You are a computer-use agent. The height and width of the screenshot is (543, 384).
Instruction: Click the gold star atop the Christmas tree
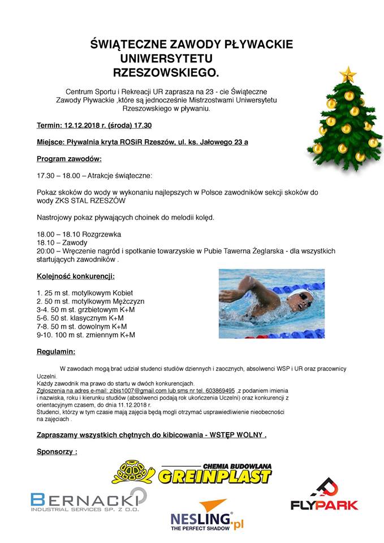(x=348, y=74)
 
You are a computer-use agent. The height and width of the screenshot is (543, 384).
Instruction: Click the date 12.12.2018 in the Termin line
(x=83, y=126)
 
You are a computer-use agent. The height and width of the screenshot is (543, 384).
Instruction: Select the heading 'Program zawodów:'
(x=69, y=159)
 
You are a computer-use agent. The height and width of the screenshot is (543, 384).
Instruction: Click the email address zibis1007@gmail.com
(x=136, y=391)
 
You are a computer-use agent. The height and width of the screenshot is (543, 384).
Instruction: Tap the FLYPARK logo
(x=325, y=494)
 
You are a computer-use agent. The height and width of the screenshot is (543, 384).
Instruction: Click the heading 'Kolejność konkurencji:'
(x=76, y=277)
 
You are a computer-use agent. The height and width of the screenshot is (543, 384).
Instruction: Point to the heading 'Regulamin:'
(x=56, y=352)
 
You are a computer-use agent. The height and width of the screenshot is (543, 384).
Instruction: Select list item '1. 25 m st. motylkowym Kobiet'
(x=85, y=293)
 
